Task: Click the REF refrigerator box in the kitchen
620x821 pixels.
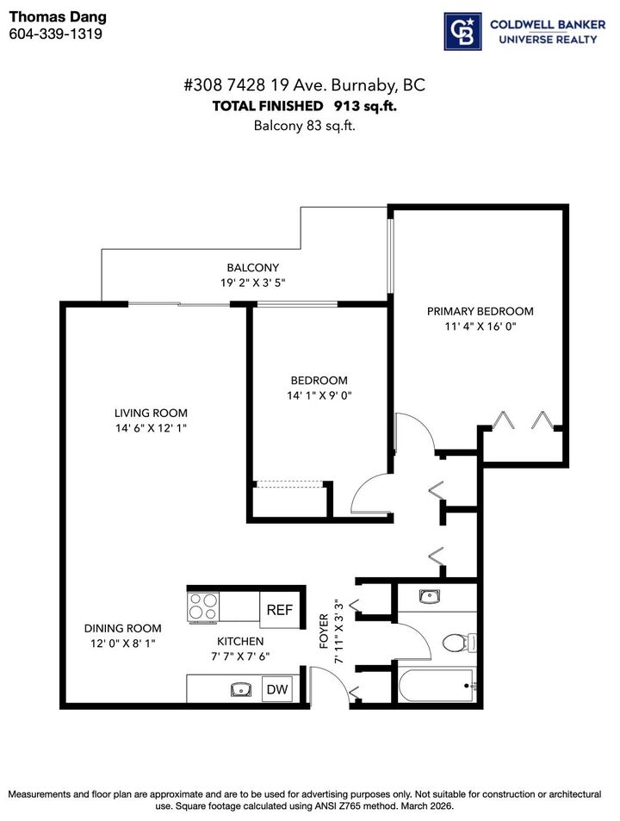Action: pos(279,610)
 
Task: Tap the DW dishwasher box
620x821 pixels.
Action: pos(276,689)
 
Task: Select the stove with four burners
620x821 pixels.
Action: pos(205,607)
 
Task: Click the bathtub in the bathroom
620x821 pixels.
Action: pos(436,687)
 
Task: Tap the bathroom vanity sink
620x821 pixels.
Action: pos(428,595)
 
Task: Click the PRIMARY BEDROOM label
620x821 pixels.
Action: pos(480,311)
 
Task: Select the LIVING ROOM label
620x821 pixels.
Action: pos(152,413)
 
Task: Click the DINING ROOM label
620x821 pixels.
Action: pos(122,628)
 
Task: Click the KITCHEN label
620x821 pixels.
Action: pos(240,641)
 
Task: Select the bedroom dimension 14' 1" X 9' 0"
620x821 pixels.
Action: pos(319,395)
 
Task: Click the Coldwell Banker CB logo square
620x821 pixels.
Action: pos(462,32)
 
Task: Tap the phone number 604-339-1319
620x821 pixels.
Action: pos(55,34)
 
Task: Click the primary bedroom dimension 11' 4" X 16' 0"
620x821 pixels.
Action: pos(480,327)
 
